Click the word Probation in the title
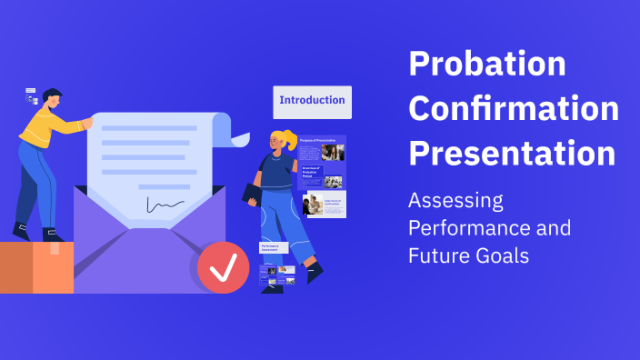486,65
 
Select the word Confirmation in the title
514,109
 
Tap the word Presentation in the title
512,153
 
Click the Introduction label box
312,101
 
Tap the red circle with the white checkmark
223,267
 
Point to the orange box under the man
36,267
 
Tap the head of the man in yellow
52,99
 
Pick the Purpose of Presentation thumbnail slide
322,149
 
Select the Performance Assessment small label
274,247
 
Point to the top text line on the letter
149,128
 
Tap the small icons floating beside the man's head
31,96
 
